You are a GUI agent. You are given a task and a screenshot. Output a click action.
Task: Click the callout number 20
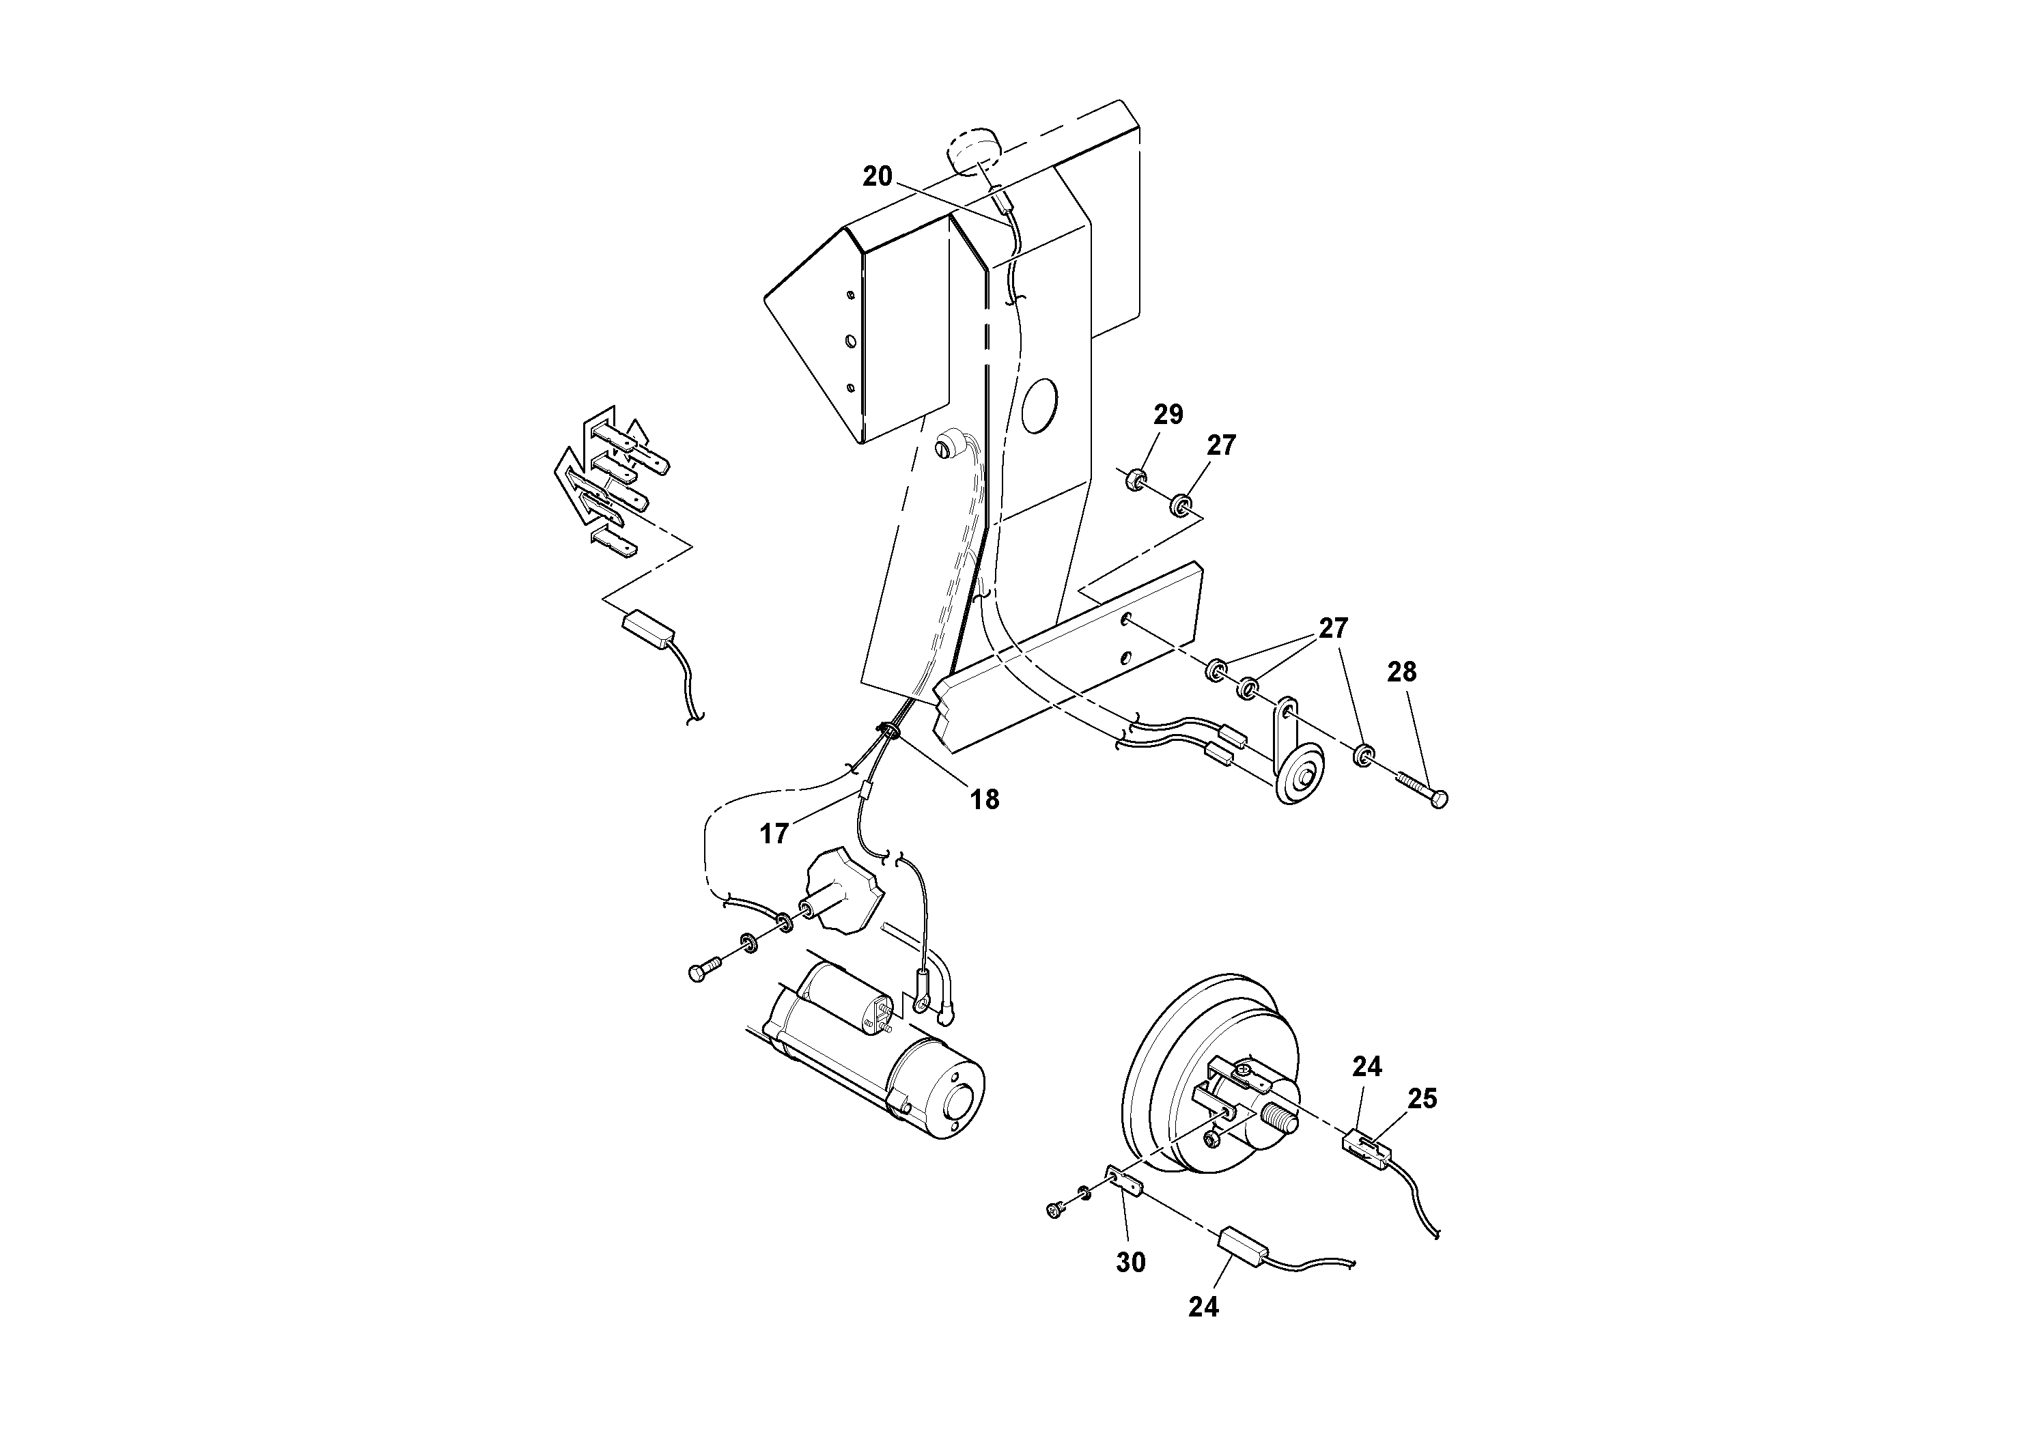pyautogui.click(x=878, y=177)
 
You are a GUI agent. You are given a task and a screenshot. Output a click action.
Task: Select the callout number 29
pyautogui.click(x=1168, y=414)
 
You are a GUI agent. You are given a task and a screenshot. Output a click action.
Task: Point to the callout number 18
pyautogui.click(x=985, y=800)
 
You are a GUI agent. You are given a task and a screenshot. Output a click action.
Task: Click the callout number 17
pyautogui.click(x=774, y=833)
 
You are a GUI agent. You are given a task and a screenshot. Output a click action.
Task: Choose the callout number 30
pyautogui.click(x=1131, y=1263)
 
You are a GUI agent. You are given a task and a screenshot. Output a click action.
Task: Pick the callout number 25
pyautogui.click(x=1422, y=1099)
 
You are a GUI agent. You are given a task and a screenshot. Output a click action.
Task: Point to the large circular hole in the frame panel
pyautogui.click(x=1039, y=406)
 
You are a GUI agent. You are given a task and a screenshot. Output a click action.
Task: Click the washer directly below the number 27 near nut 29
pyautogui.click(x=1180, y=505)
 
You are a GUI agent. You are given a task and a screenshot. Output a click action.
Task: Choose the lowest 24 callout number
pyautogui.click(x=1203, y=1307)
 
